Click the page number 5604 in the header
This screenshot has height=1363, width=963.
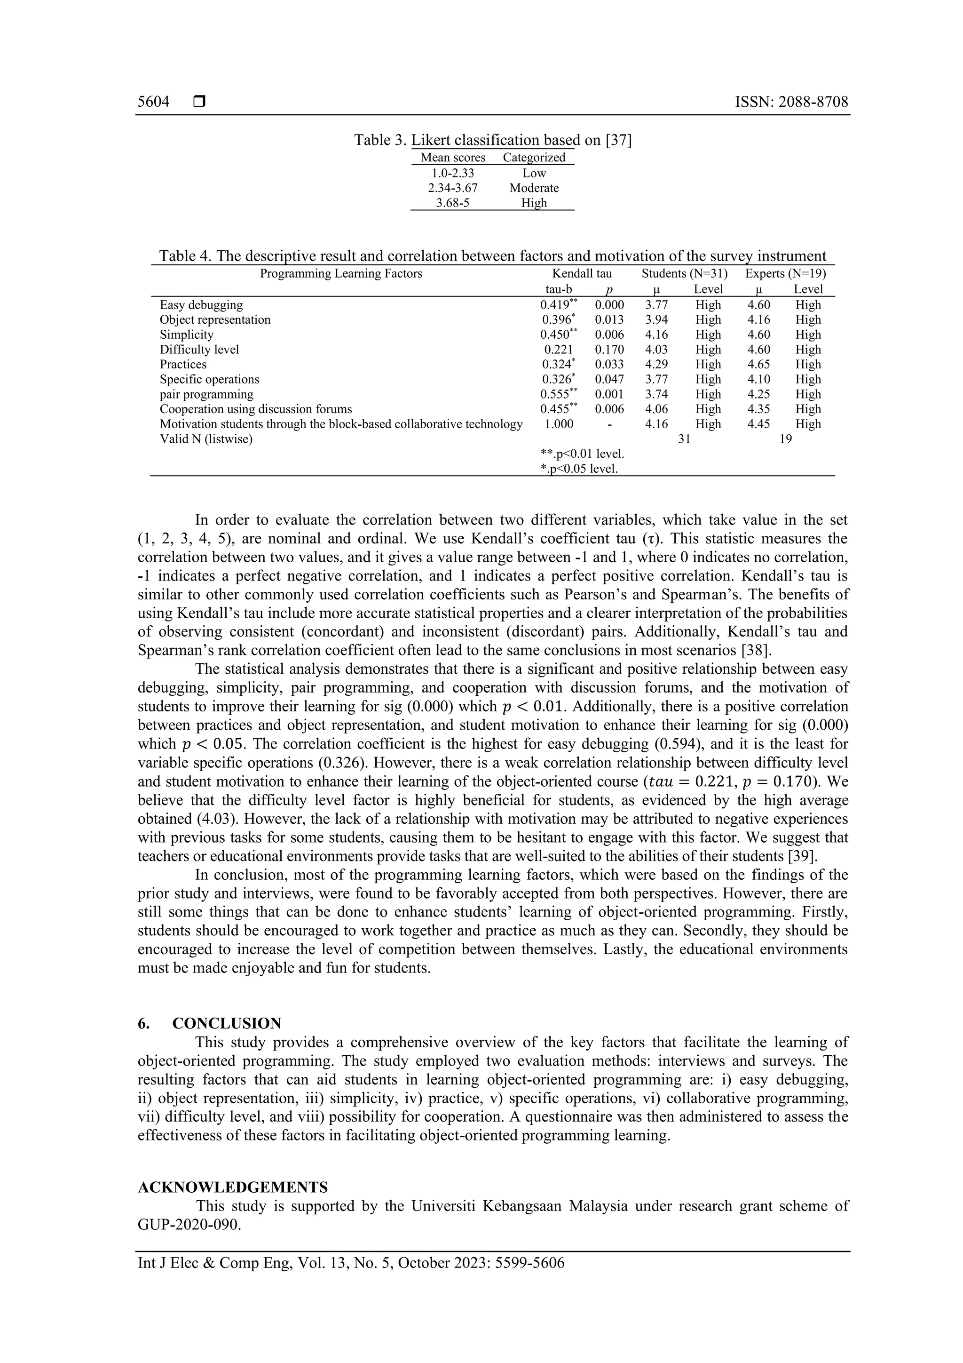click(x=153, y=102)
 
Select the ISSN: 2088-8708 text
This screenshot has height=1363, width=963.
click(x=791, y=102)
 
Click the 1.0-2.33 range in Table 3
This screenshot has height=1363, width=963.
click(x=453, y=173)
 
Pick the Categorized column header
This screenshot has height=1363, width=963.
click(x=534, y=157)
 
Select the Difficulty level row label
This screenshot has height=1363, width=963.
click(x=199, y=350)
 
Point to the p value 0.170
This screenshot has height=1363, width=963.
click(x=609, y=350)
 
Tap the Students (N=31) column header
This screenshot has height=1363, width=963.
click(x=684, y=274)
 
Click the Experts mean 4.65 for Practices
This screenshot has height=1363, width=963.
click(x=759, y=365)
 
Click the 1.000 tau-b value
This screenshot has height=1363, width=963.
click(x=558, y=424)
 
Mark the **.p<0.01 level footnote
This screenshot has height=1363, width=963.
click(x=582, y=454)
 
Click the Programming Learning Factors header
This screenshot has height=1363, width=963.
click(x=341, y=274)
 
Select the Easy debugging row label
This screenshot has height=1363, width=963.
click(x=201, y=305)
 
